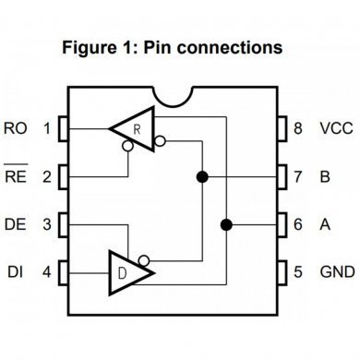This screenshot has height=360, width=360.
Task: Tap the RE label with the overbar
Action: [17, 175]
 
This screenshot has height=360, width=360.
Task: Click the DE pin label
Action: [17, 224]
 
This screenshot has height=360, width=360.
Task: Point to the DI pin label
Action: [17, 273]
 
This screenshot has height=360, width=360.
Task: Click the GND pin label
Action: [336, 273]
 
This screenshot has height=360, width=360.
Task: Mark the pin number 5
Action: [298, 273]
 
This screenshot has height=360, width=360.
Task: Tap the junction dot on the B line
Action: [199, 175]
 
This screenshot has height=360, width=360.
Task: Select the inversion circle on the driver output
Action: [144, 260]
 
